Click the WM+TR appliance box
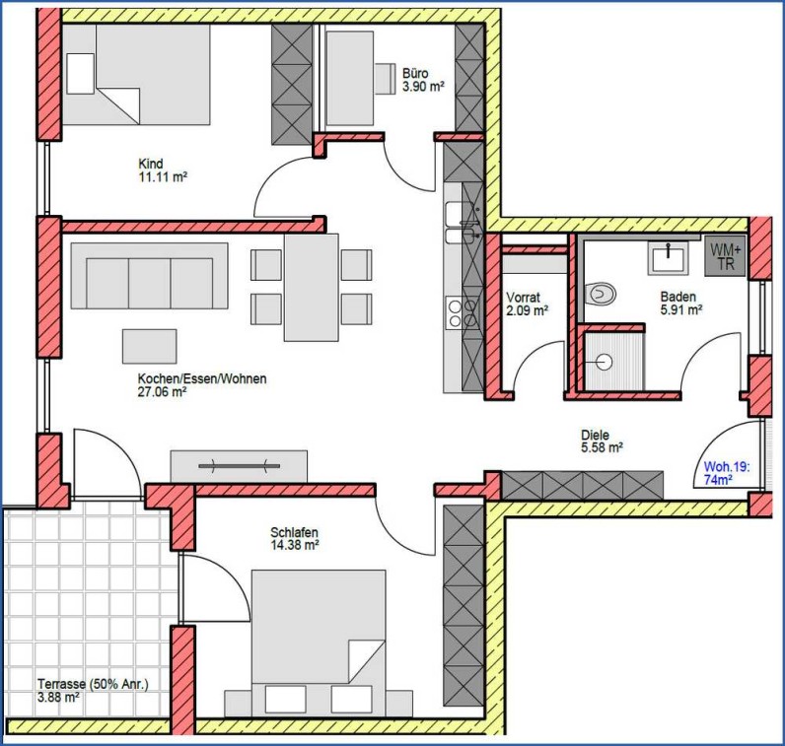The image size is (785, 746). [x=725, y=256]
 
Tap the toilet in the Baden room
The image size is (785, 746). [x=601, y=294]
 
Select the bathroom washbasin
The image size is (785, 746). [x=669, y=256]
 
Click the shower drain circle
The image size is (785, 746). [x=605, y=362]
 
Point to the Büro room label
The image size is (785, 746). [x=415, y=74]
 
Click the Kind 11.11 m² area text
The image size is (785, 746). [x=163, y=176]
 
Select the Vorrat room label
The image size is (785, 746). [x=523, y=298]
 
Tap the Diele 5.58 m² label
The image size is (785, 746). [x=602, y=441]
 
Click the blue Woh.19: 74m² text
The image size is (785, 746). [x=727, y=473]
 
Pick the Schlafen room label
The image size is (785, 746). [x=294, y=532]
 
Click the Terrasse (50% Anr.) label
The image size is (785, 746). [x=93, y=684]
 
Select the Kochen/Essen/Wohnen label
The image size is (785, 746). [x=202, y=378]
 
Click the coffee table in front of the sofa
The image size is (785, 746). [x=149, y=346]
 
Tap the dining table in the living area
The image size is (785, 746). [x=312, y=288]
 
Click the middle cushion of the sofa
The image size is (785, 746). [x=150, y=283]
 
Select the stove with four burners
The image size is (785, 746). [x=463, y=312]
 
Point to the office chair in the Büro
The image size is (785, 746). [x=386, y=78]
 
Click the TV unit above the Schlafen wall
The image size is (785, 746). [x=239, y=466]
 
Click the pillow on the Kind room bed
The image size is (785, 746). [x=81, y=74]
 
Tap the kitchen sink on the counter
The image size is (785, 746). [x=463, y=223]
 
